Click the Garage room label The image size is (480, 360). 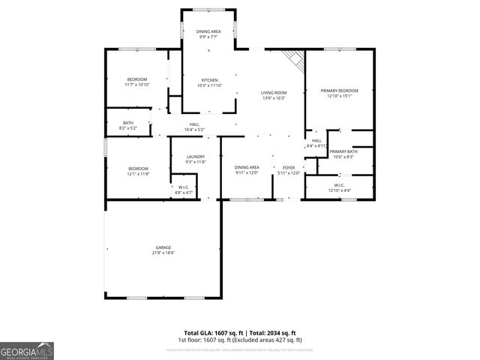[163, 247]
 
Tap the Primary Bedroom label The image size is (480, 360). [340, 91]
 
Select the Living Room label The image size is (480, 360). [274, 93]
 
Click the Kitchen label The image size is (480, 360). [209, 80]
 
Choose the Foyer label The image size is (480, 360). [289, 168]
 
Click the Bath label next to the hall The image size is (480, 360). [127, 124]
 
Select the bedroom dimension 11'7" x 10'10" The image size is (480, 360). [137, 85]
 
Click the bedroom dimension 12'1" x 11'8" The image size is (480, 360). [138, 173]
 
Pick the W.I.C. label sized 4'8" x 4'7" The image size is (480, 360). [184, 193]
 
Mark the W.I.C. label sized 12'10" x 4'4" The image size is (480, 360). [339, 190]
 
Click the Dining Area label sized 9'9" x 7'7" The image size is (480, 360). [208, 36]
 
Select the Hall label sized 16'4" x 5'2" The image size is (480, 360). [194, 129]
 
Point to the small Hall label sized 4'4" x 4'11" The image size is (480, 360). [316, 145]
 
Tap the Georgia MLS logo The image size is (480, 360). [27, 350]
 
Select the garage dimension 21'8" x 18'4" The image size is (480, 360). [163, 253]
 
